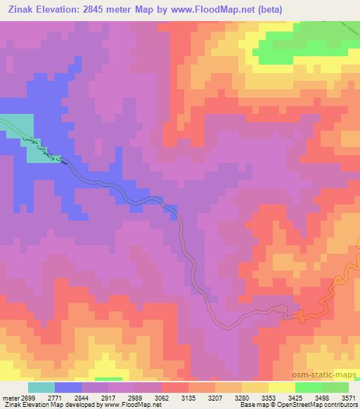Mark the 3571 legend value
(x=347, y=397)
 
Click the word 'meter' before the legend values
(x=8, y=397)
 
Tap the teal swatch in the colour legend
(x=41, y=387)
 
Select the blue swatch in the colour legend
(x=69, y=387)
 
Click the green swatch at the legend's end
(x=335, y=387)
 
